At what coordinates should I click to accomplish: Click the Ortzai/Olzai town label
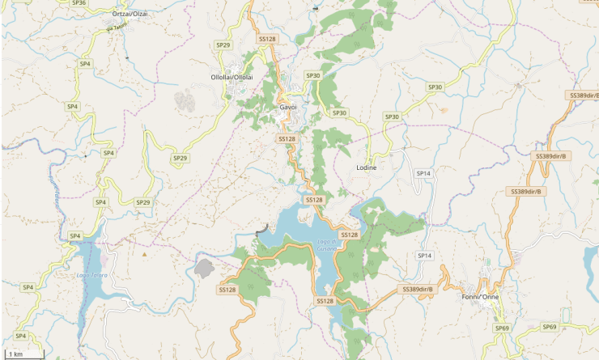pos(130,15)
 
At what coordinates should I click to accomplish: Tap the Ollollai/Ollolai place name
pos(232,77)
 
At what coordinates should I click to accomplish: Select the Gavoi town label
pos(288,107)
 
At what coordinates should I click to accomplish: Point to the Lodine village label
pos(367,167)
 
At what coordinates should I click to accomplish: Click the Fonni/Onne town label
pos(480,297)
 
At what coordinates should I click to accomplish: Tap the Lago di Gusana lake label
pos(326,245)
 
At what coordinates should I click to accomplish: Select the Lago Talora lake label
pos(91,276)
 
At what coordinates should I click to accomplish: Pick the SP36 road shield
pos(79,3)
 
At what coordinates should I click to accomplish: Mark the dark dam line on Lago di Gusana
pos(261,229)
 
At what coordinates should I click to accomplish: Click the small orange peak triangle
pos(145,254)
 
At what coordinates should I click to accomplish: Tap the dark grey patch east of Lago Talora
pos(204,268)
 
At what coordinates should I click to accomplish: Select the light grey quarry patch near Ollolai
pos(185,101)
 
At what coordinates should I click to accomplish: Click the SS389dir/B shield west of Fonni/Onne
pos(418,289)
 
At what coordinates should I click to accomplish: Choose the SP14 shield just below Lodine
pos(424,174)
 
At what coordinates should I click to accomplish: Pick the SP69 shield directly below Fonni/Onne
pos(502,328)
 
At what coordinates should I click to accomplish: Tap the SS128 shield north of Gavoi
pos(267,39)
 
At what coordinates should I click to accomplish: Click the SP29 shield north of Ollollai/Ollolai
pos(223,44)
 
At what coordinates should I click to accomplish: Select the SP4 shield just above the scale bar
pos(21,335)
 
